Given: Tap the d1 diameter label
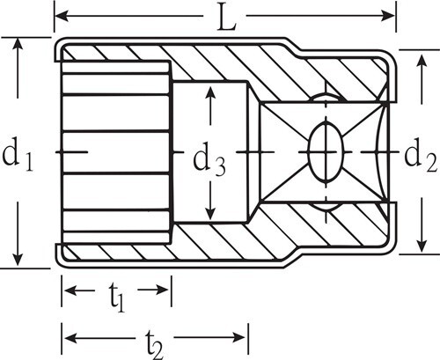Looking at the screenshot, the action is (x=18, y=156).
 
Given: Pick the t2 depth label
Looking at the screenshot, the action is (x=155, y=344).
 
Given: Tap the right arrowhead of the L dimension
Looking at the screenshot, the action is (x=388, y=15).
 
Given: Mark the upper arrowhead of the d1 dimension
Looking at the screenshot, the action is (x=18, y=45).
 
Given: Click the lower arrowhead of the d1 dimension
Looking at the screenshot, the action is (x=18, y=260).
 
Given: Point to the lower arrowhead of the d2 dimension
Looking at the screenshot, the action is (x=422, y=245).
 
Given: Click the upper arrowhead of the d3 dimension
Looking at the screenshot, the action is (x=210, y=93).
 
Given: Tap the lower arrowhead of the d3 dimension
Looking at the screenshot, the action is (x=210, y=212).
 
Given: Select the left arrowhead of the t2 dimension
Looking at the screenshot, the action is (x=71, y=337).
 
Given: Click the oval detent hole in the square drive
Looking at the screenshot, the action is (x=326, y=152).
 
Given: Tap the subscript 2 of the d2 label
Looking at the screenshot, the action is (x=432, y=165).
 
